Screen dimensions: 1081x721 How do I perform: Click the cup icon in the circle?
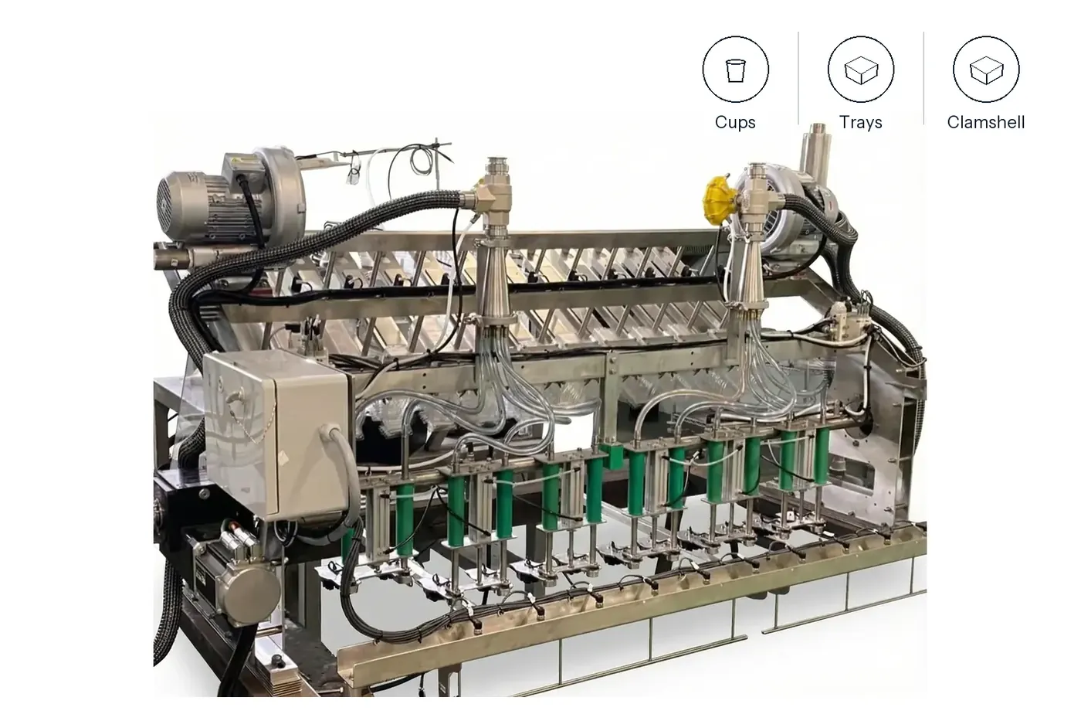[735, 70]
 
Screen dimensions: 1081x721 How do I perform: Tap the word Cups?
[735, 122]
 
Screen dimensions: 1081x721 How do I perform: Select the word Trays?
[860, 122]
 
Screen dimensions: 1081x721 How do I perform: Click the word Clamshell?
[985, 122]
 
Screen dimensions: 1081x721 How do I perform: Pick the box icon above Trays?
[861, 70]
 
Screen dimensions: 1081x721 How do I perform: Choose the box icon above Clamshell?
[987, 70]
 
